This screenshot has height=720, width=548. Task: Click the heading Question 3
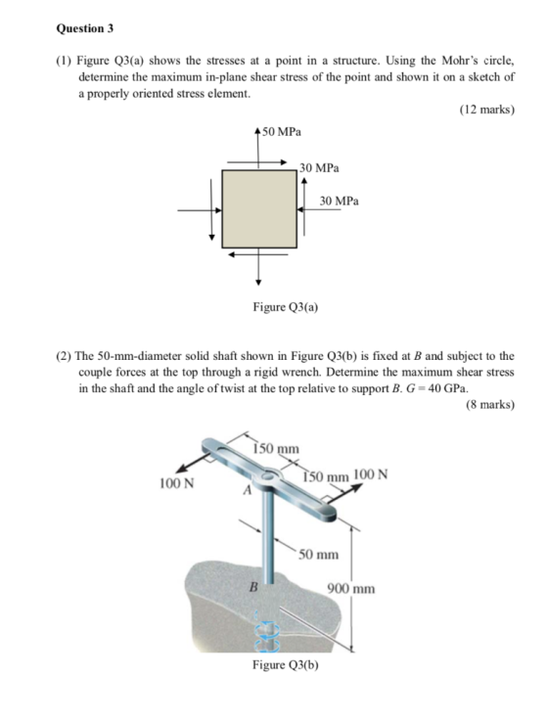click(84, 28)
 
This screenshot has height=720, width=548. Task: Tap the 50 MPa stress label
click(281, 132)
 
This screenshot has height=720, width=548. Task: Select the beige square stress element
click(259, 209)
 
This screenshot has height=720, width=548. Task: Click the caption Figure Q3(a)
click(286, 307)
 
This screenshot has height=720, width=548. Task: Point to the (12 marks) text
click(487, 110)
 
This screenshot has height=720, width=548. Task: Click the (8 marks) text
click(490, 405)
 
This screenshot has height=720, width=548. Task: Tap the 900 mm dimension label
click(351, 589)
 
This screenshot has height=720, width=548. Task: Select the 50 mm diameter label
click(318, 555)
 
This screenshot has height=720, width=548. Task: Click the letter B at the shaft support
click(252, 586)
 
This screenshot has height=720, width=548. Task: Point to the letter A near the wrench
click(248, 490)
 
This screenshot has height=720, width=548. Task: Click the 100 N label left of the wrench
click(176, 483)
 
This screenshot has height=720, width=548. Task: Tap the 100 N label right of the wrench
click(371, 473)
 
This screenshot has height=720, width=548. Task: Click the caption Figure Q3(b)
click(286, 665)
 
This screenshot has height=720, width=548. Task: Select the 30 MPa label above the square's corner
click(319, 168)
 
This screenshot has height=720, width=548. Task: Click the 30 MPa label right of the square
click(340, 201)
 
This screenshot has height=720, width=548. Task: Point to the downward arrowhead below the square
click(258, 282)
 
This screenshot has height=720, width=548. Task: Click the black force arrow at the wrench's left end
click(195, 463)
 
